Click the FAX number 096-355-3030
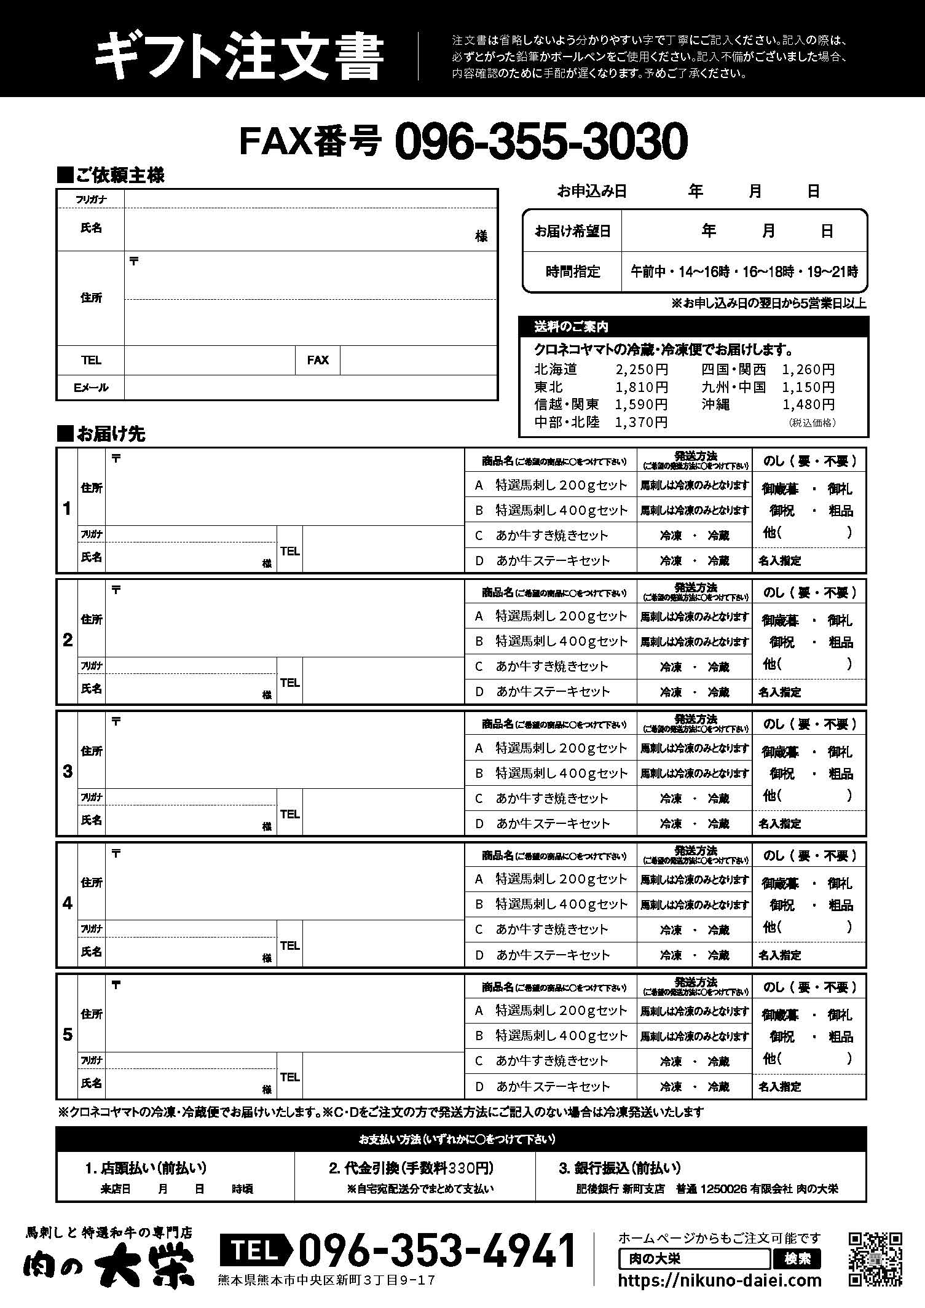pos(541,141)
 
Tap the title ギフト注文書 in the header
pos(240,57)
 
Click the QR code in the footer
pos(875,1259)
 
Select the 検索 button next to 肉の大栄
pos(797,1259)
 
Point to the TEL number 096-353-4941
pos(436,1250)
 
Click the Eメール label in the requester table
pos(91,388)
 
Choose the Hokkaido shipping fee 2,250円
pos(641,370)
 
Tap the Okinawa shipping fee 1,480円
pos(808,404)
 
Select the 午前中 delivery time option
pos(648,272)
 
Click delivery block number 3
pos(68,772)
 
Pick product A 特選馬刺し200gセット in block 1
pos(561,485)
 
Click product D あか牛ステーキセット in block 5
pos(553,1086)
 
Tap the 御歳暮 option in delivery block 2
pos(779,621)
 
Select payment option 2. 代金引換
pos(411,1168)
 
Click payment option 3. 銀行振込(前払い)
pos(620,1168)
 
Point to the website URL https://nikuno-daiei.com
pos(720,1280)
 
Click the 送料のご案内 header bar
pos(693,326)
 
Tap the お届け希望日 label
pos(572,231)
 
